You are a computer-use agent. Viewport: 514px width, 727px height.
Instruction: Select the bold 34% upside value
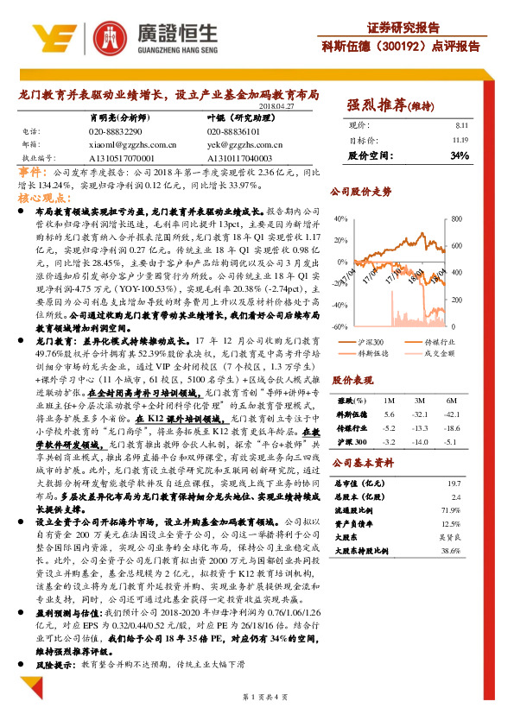tap(460, 155)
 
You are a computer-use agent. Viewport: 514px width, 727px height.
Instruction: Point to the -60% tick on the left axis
tap(339, 326)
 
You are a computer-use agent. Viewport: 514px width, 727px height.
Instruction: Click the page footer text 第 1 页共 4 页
tap(257, 697)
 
